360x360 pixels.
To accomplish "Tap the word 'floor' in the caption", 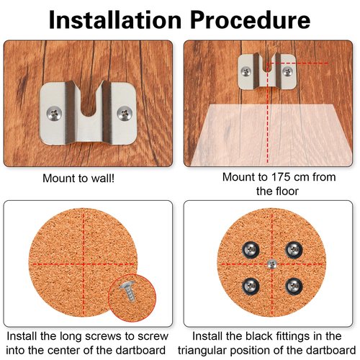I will (x=287, y=192).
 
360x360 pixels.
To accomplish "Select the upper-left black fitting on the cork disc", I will (x=250, y=249).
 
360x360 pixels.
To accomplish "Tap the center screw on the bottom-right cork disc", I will (x=271, y=264).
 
